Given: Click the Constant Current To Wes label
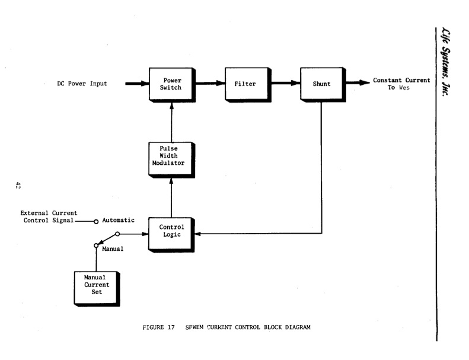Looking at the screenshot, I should coord(401,84).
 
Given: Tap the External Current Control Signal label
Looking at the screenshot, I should coord(49,216).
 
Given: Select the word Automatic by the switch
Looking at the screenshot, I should coord(118,219).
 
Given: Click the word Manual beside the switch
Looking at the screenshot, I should coord(112,249).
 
